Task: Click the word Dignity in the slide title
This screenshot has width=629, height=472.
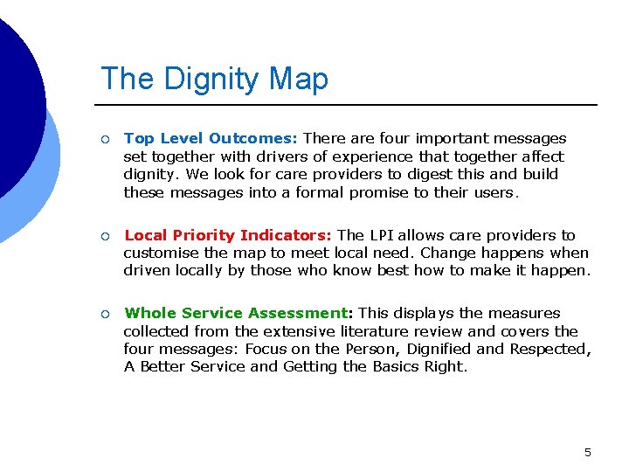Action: (211, 79)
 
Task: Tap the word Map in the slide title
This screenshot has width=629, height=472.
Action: (300, 79)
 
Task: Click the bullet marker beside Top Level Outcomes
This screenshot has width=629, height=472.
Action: (104, 139)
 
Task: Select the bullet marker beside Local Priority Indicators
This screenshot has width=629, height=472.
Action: (104, 236)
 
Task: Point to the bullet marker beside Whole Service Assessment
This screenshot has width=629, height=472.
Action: (104, 314)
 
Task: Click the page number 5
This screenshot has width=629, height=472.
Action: (587, 452)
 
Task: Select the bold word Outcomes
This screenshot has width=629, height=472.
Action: (253, 138)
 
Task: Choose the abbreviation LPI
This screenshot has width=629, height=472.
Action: (382, 235)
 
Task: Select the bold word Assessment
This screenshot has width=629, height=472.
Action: (298, 313)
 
